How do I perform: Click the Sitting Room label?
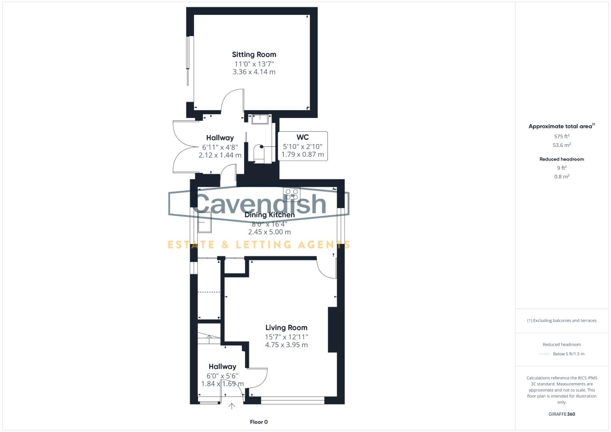click(x=254, y=54)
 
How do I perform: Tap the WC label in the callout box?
click(x=302, y=137)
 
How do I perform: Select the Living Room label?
click(x=286, y=328)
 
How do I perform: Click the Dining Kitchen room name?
click(x=269, y=215)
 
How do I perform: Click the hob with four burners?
click(x=292, y=194)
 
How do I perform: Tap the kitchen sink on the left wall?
click(x=204, y=222)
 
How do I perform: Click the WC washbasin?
click(x=260, y=119)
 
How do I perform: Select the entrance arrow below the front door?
click(x=232, y=406)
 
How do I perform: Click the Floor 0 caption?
click(x=258, y=422)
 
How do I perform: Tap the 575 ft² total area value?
click(x=561, y=136)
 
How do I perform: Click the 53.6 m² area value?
click(x=561, y=145)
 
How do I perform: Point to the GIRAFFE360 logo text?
click(x=561, y=414)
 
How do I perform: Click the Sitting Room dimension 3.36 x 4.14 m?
click(x=254, y=72)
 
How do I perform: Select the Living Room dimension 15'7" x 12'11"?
click(x=286, y=337)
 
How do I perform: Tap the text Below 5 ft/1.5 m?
click(x=568, y=354)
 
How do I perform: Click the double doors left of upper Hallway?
click(x=182, y=147)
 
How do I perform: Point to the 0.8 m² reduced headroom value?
click(x=561, y=176)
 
